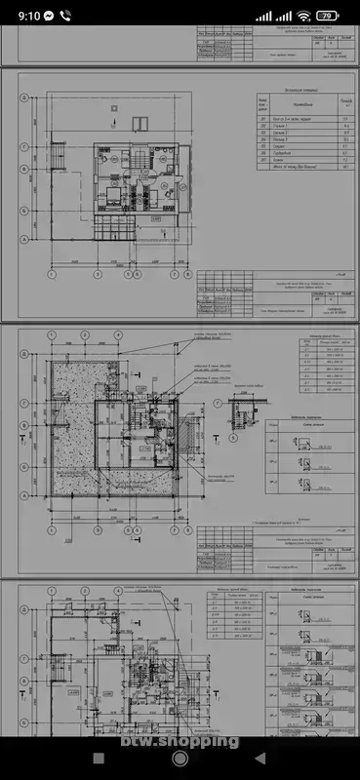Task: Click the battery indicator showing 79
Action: click(x=329, y=16)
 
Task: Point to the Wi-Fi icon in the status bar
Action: click(x=304, y=16)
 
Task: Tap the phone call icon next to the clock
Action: click(x=65, y=16)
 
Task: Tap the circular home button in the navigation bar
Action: click(x=180, y=758)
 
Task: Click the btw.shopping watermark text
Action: click(x=180, y=741)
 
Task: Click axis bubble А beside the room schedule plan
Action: click(x=22, y=239)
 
